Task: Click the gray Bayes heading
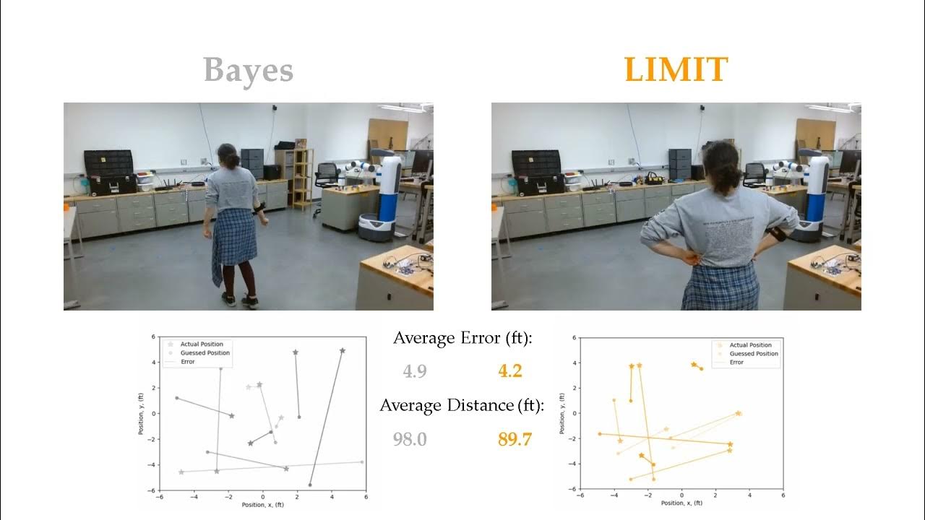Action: pyautogui.click(x=248, y=71)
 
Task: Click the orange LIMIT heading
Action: pyautogui.click(x=676, y=70)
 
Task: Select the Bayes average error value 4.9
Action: pyautogui.click(x=415, y=371)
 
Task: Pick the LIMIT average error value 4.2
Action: pyautogui.click(x=509, y=371)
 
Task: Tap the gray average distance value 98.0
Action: pyautogui.click(x=410, y=438)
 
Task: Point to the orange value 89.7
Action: pyautogui.click(x=515, y=438)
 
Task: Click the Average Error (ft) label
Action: pyautogui.click(x=462, y=338)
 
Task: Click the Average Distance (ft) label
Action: pyautogui.click(x=462, y=405)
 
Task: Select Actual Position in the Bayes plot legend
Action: pyautogui.click(x=202, y=344)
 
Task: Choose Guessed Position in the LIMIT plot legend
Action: pyautogui.click(x=754, y=354)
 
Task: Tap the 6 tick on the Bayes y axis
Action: pyautogui.click(x=153, y=337)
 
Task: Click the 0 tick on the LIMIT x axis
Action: pyautogui.click(x=681, y=496)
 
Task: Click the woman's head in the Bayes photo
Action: pyautogui.click(x=228, y=155)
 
